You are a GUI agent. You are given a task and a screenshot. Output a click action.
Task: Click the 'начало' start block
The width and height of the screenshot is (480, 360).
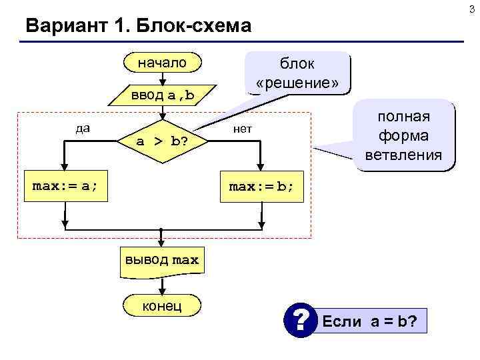(x=162, y=63)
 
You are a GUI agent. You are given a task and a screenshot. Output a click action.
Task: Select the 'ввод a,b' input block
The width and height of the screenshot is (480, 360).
(x=162, y=95)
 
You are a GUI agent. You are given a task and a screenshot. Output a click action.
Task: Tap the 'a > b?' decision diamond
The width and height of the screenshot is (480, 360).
(x=161, y=141)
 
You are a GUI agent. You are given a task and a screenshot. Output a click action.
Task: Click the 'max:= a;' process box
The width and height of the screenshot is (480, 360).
(x=65, y=186)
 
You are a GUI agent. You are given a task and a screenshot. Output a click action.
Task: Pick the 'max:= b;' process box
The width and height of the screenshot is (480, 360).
(x=261, y=186)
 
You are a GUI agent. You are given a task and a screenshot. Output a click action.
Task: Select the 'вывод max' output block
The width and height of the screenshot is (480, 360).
(x=161, y=259)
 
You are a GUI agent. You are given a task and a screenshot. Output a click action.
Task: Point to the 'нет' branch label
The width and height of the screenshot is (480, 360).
(x=242, y=128)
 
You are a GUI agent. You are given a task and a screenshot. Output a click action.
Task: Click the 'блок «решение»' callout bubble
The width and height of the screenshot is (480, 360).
(x=297, y=73)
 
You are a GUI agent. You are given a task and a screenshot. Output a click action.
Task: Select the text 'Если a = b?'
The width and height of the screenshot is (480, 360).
(x=369, y=322)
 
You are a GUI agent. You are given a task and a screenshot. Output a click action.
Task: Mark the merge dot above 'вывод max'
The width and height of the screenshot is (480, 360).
(x=161, y=230)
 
